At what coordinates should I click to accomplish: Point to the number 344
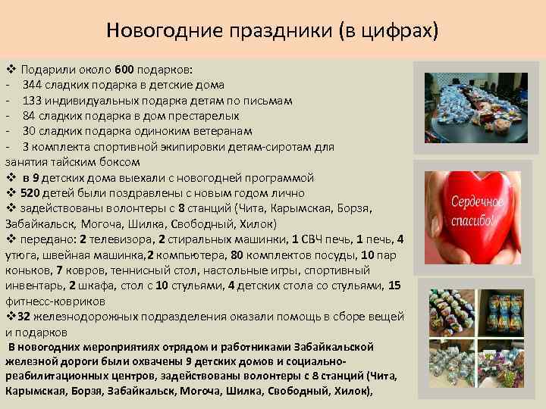[x=33, y=85]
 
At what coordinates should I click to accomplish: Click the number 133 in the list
[x=33, y=100]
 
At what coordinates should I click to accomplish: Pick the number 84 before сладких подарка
[x=30, y=116]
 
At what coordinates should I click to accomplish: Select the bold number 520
[x=30, y=193]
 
